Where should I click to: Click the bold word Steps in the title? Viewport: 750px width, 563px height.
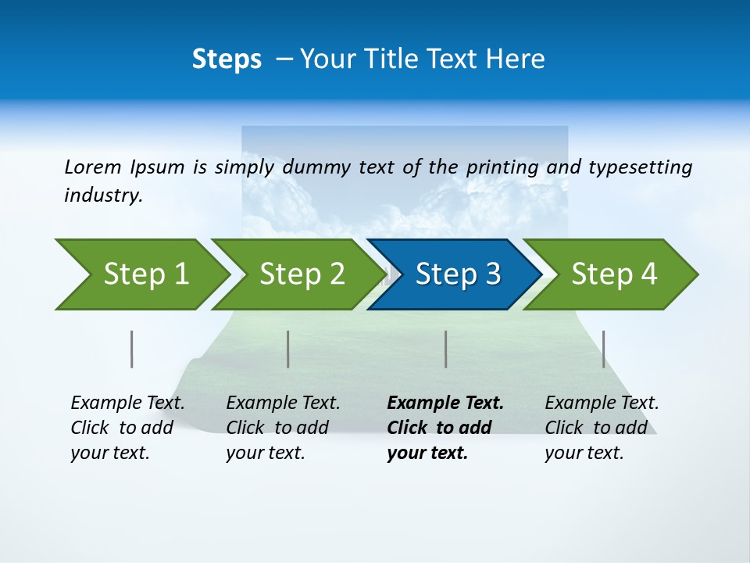(227, 59)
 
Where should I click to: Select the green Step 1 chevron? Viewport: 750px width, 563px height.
(145, 274)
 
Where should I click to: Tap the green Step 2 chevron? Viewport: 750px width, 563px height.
(302, 274)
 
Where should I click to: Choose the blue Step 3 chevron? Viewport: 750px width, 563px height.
(458, 274)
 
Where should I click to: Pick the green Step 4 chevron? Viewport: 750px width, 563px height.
(614, 274)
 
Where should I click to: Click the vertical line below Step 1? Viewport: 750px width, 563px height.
(131, 349)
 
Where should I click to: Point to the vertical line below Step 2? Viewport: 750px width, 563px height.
(288, 349)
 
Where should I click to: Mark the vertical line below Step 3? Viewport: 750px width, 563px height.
(445, 349)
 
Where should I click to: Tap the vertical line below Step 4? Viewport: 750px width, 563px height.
(603, 349)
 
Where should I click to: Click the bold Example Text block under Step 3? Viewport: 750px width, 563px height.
(445, 428)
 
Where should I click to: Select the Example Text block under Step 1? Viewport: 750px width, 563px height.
(127, 428)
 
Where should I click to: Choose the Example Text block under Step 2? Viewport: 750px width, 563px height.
(283, 428)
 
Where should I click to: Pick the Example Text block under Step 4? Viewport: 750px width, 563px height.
(602, 428)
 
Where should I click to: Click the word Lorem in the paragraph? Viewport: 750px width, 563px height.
(93, 167)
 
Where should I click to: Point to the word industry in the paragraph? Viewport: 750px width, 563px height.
(103, 195)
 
